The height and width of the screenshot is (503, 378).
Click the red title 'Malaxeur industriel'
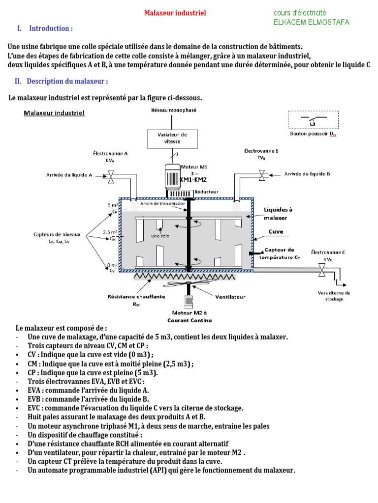click(x=175, y=13)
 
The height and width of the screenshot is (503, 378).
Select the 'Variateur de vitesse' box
click(x=172, y=138)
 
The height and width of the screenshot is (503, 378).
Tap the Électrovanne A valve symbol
click(x=111, y=175)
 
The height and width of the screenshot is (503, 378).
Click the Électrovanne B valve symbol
click(x=262, y=174)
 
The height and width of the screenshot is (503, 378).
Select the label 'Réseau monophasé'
click(x=173, y=111)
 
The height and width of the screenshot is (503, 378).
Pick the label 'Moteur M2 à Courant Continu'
click(x=189, y=316)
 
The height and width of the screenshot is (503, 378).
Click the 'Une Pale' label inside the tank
click(x=160, y=236)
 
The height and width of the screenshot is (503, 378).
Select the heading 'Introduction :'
click(x=51, y=28)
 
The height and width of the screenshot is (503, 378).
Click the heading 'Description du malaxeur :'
click(x=67, y=81)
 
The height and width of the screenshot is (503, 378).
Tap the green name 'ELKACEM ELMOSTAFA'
click(x=311, y=22)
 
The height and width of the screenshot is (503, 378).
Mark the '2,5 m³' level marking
click(x=110, y=232)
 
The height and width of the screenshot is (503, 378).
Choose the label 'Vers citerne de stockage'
click(x=335, y=296)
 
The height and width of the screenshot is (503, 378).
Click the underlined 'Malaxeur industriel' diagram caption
click(x=54, y=113)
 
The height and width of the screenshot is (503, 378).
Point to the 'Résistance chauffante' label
click(x=136, y=297)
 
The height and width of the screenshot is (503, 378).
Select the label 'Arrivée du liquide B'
click(x=307, y=174)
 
